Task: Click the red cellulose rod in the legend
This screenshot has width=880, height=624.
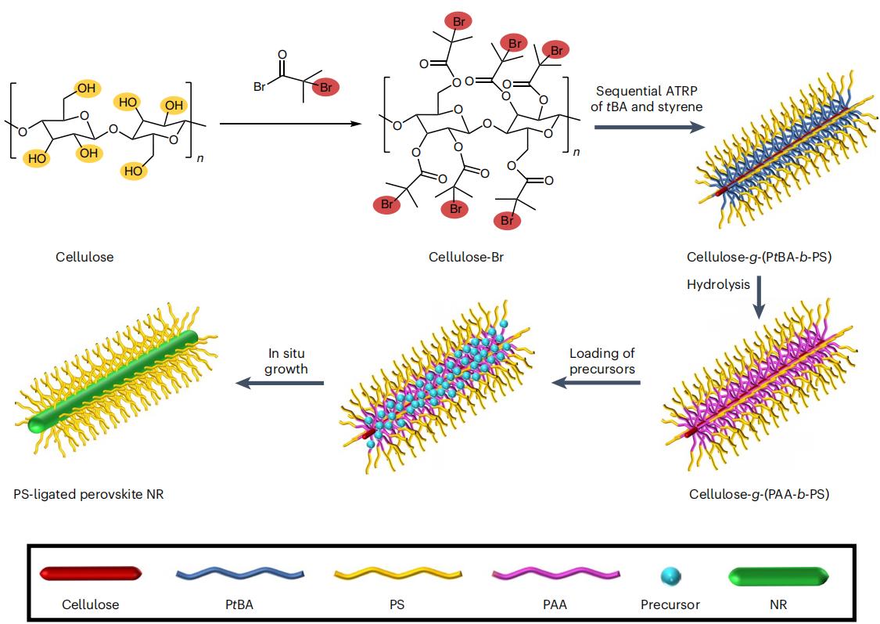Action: point(90,574)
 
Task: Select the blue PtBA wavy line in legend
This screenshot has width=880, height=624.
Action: point(239,574)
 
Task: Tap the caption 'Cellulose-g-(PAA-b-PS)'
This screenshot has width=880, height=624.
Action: point(759,494)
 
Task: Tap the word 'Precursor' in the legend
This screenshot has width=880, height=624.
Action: point(670,604)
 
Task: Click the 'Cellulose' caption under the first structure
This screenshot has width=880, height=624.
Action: point(84,257)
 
